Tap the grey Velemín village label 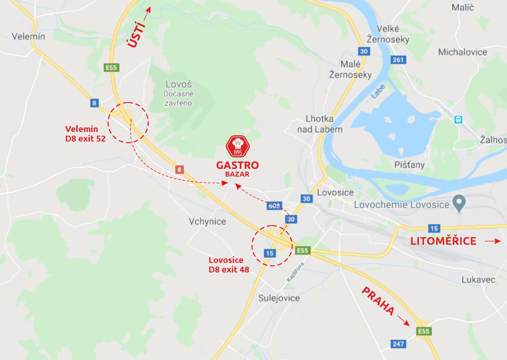coord(29,36)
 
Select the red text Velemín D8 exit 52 coord(85,134)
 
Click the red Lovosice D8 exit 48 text coord(229,265)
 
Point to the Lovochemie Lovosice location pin coord(459,203)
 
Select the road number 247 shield coord(398,344)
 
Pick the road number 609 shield coord(275,206)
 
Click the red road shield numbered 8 coord(180,170)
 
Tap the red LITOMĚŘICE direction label coord(443,242)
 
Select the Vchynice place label coord(207,222)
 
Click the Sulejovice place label coord(279,298)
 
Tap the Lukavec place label coord(478,280)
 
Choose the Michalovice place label coord(463,52)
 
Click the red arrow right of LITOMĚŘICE coord(492,242)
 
